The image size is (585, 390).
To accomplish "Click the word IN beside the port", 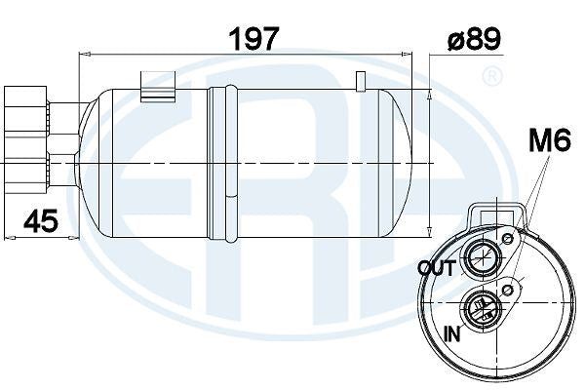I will pyautogui.click(x=452, y=333).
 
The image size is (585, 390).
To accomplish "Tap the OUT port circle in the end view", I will pyautogui.click(x=480, y=258).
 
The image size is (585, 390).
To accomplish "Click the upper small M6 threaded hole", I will pyautogui.click(x=507, y=239).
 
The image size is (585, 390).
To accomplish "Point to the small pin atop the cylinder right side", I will pyautogui.click(x=360, y=80).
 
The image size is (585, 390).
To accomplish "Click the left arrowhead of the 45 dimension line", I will pyautogui.click(x=9, y=235).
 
